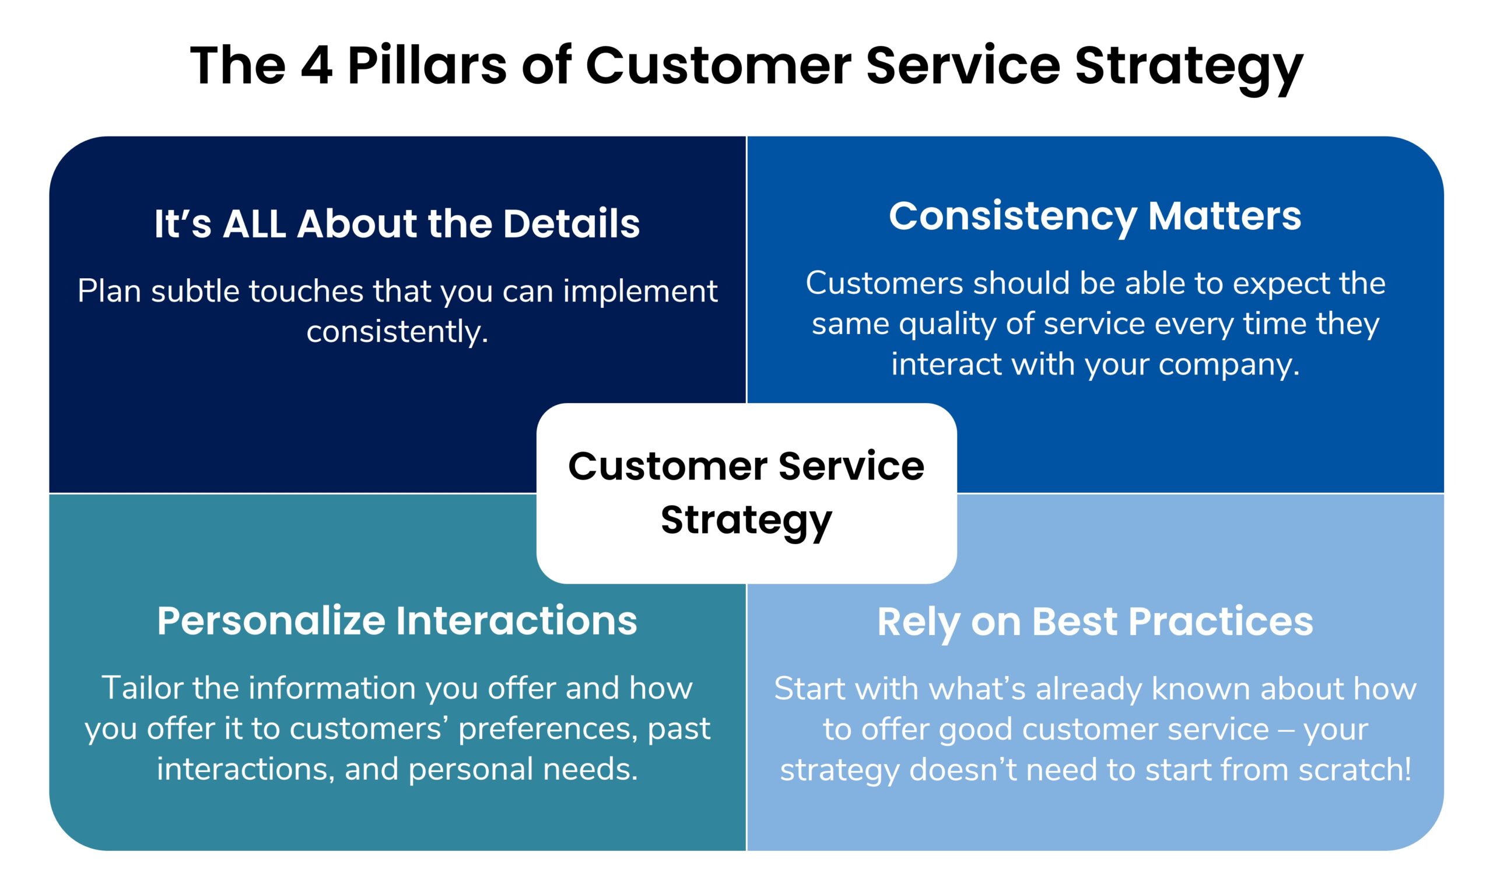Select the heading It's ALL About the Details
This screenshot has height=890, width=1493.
(397, 224)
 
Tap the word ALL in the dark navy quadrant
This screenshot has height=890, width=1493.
(254, 224)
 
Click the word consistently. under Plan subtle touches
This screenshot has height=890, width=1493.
(397, 332)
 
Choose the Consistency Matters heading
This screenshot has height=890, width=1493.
(1095, 216)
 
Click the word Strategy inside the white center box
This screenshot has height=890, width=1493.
(746, 521)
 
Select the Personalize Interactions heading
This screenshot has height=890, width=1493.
(397, 621)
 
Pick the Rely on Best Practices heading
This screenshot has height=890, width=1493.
(1095, 622)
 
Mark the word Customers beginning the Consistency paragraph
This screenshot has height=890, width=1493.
(884, 283)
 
